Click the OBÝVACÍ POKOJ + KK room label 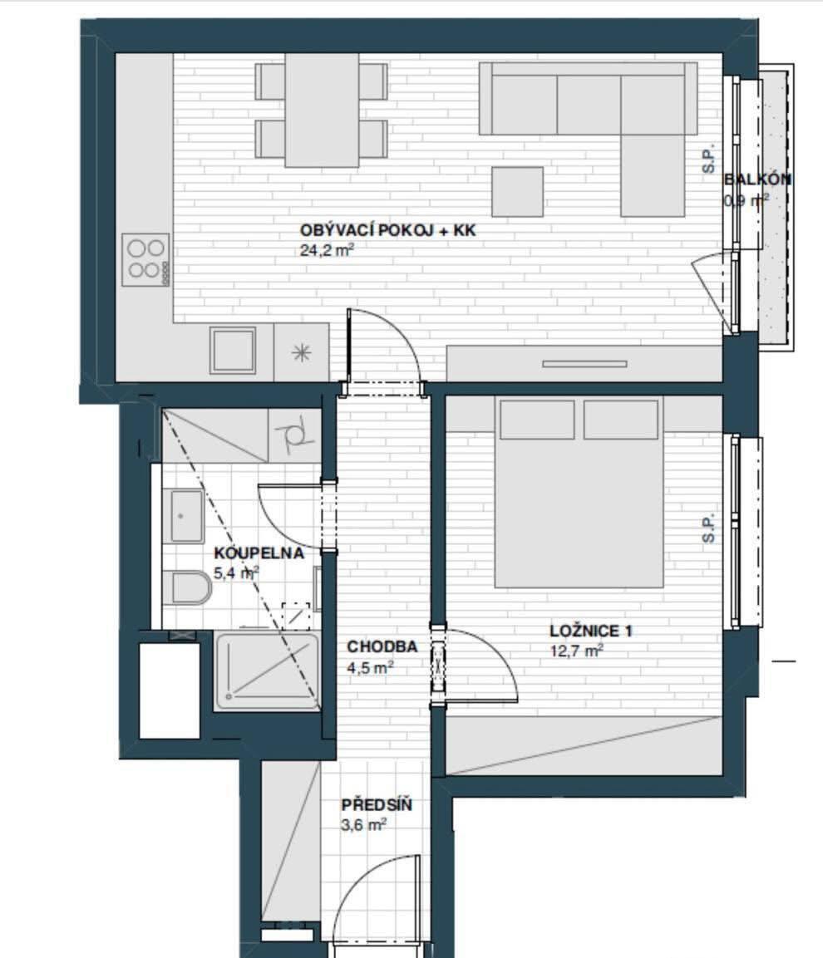[387, 231]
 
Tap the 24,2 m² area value [328, 250]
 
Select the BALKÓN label [757, 179]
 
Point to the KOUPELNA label [259, 553]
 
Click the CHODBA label [382, 646]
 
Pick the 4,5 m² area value [370, 667]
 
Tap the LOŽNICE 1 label [591, 631]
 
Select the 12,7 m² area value [577, 651]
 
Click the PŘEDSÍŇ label [377, 804]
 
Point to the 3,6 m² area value [364, 825]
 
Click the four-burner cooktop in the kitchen [145, 260]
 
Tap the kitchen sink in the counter [233, 350]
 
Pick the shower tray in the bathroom [267, 671]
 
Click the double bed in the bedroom [579, 493]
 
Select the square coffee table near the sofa [518, 192]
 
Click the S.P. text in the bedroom [708, 528]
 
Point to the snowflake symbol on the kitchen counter [302, 353]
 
